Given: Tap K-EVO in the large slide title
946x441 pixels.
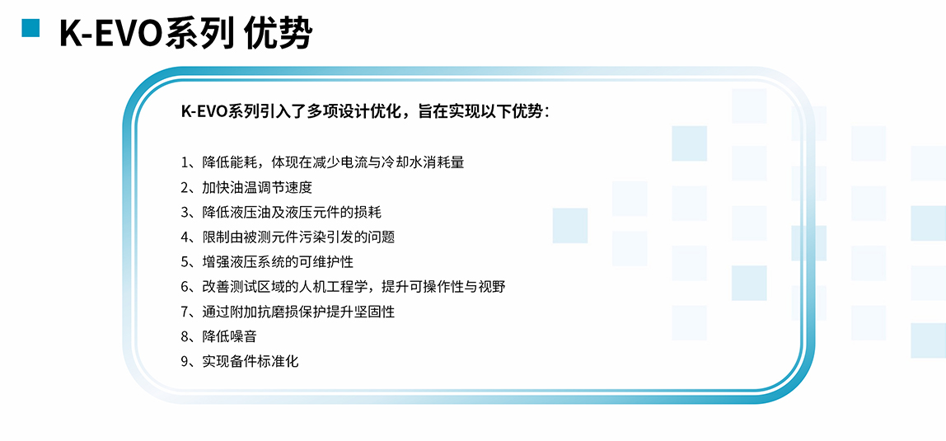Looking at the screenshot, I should coord(111,34).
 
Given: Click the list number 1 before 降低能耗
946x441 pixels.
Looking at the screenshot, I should coord(185,162).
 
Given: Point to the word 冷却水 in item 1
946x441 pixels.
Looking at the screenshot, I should coord(400,162).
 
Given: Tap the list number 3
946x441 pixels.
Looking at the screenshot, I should coord(185,212).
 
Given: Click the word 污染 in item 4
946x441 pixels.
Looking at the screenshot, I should coord(325,237).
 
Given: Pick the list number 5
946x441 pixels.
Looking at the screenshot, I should coord(185,262).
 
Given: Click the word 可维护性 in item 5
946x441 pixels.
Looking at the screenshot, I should coord(325,262).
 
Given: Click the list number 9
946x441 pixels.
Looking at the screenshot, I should coord(185,361).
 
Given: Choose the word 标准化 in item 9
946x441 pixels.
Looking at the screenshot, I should coord(281,361).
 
